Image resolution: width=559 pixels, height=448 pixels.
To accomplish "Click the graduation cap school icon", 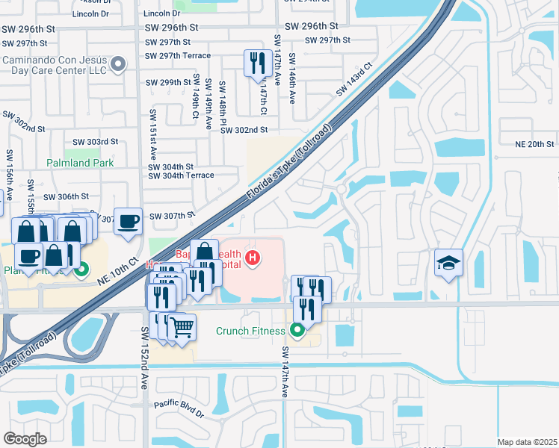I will pyautogui.click(x=448, y=263).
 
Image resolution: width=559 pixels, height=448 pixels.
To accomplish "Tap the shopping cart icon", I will pyautogui.click(x=182, y=326).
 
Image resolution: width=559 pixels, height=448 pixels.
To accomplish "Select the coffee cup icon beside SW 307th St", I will pyautogui.click(x=128, y=221).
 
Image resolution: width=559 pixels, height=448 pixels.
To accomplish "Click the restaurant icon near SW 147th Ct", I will pyautogui.click(x=258, y=63).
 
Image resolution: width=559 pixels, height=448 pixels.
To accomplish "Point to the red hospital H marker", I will pyautogui.click(x=253, y=258).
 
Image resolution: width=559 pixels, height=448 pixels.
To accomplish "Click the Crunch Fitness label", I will pyautogui.click(x=250, y=331).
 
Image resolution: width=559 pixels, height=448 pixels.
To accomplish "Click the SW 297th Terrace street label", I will pyautogui.click(x=178, y=56).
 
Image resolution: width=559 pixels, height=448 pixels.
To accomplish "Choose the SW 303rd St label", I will pyautogui.click(x=96, y=142).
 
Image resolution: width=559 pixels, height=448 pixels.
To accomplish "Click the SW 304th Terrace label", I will pyautogui.click(x=181, y=175).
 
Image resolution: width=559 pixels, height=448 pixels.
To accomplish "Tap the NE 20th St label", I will pyautogui.click(x=535, y=144).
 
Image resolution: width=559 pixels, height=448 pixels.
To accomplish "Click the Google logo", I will pyautogui.click(x=25, y=438).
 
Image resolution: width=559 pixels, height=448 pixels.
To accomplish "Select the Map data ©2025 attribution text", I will pyautogui.click(x=526, y=442).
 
